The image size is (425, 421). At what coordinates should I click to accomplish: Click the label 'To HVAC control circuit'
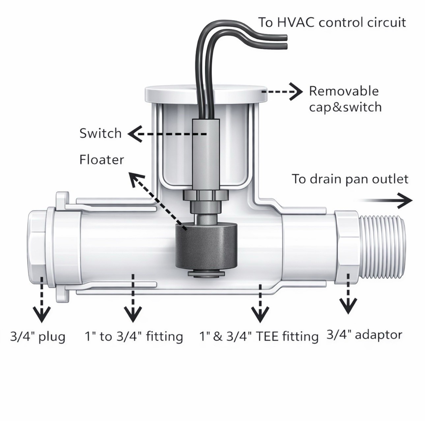(332, 23)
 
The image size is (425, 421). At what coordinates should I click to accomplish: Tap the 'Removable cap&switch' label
(345, 99)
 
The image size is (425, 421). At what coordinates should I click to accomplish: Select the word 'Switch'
(100, 133)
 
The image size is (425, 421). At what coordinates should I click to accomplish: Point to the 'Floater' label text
(102, 160)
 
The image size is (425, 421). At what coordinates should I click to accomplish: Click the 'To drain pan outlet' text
(350, 179)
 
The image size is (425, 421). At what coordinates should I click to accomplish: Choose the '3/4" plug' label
(38, 337)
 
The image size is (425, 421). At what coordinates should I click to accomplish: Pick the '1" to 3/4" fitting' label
(134, 337)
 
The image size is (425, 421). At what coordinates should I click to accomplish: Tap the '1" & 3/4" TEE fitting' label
(259, 337)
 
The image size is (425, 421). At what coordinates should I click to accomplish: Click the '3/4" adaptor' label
(364, 335)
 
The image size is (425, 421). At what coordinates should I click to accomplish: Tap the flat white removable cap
(206, 94)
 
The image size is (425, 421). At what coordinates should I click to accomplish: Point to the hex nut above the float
(206, 195)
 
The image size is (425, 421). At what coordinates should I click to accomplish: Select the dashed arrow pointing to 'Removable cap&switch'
(283, 92)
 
